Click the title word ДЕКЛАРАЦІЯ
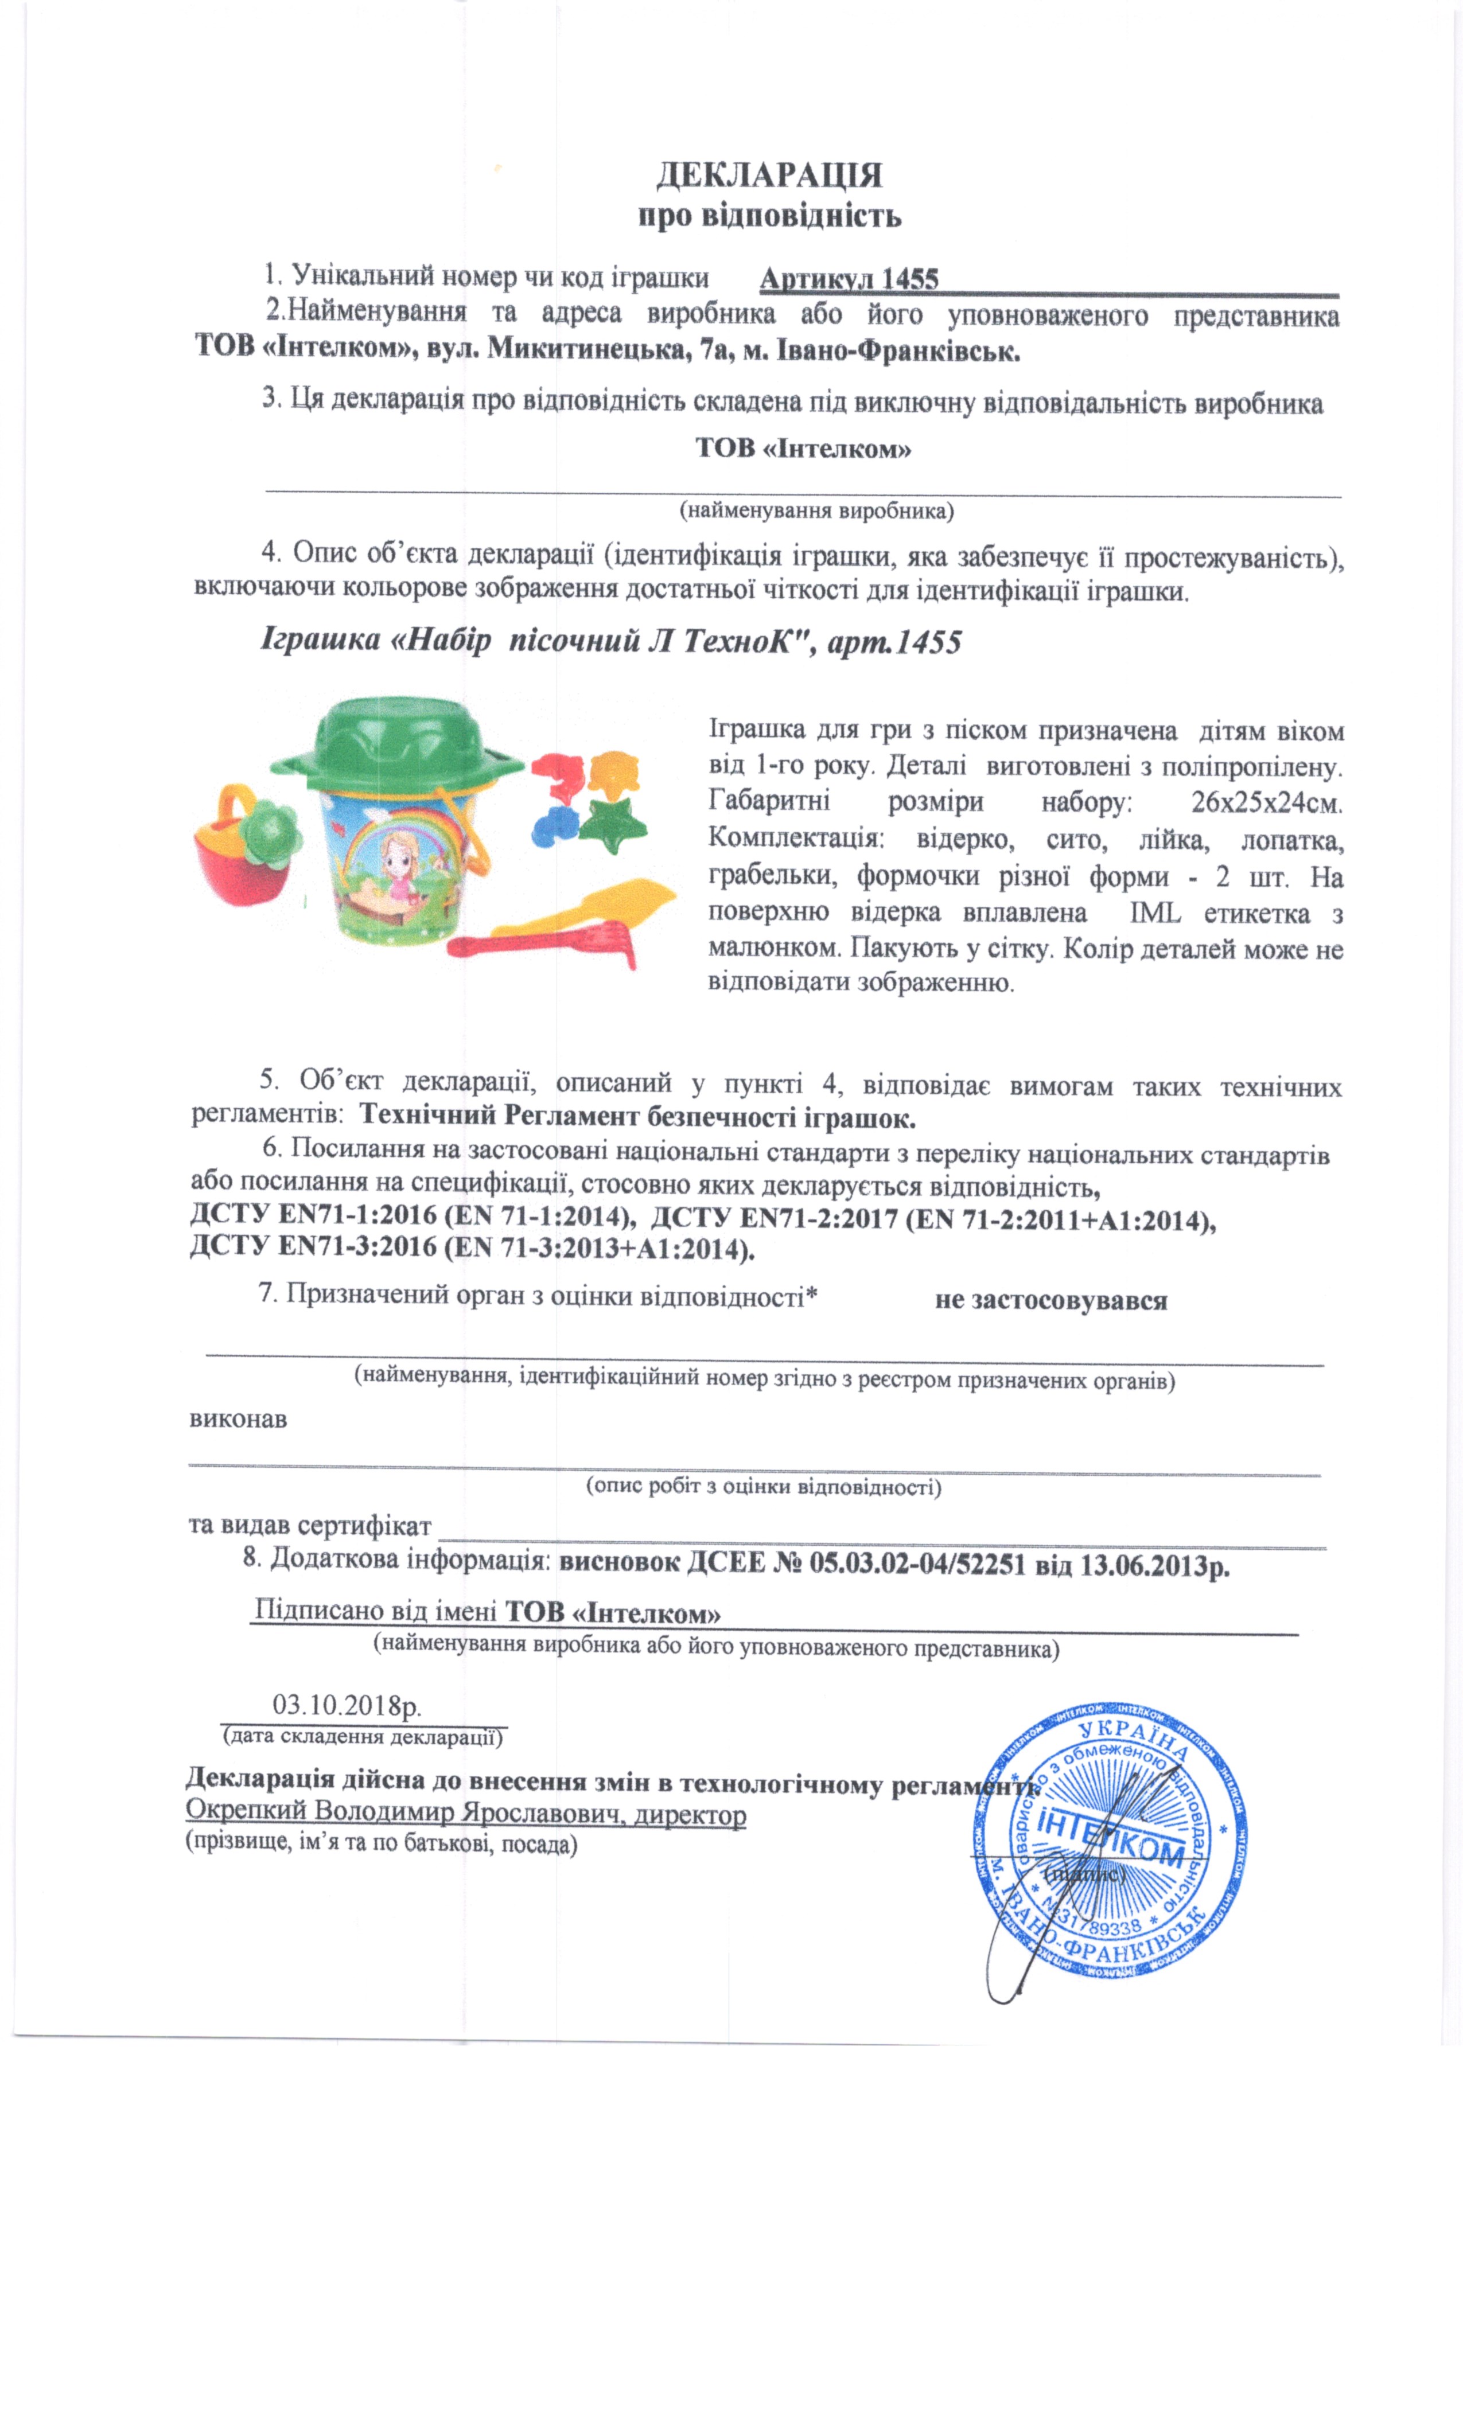(769, 176)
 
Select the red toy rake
(548, 945)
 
